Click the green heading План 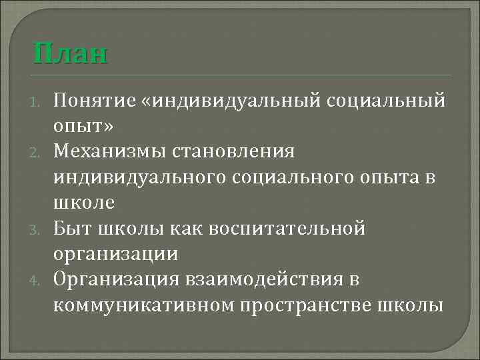coord(69,53)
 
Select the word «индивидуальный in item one coord(230,101)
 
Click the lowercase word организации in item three coord(115,253)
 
